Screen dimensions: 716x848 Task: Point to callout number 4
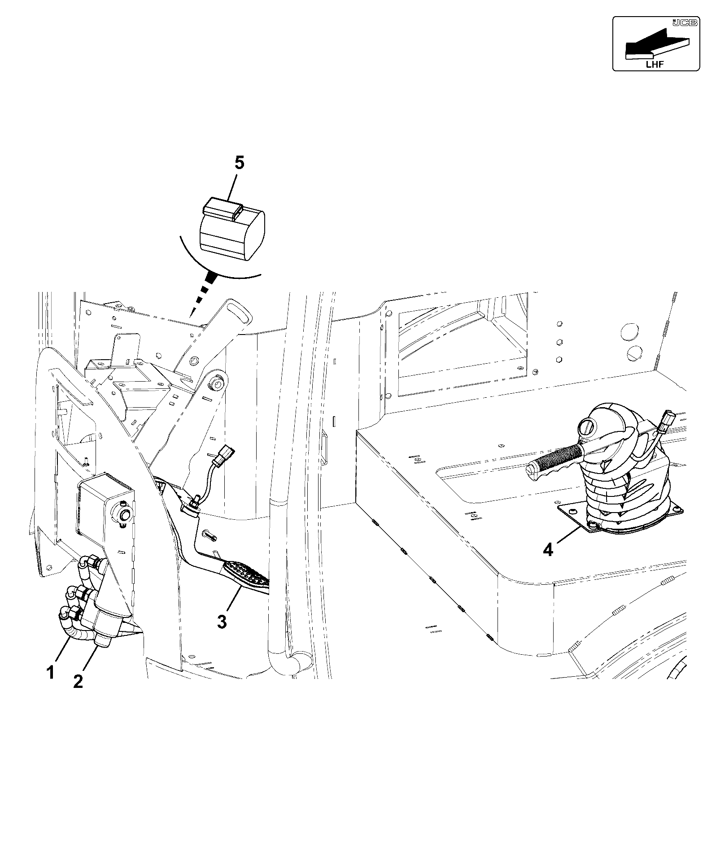(548, 549)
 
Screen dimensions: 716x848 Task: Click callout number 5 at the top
(240, 163)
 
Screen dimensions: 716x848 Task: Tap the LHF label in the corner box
(655, 64)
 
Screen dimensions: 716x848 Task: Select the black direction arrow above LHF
(656, 43)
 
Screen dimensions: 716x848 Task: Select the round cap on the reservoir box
(124, 513)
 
